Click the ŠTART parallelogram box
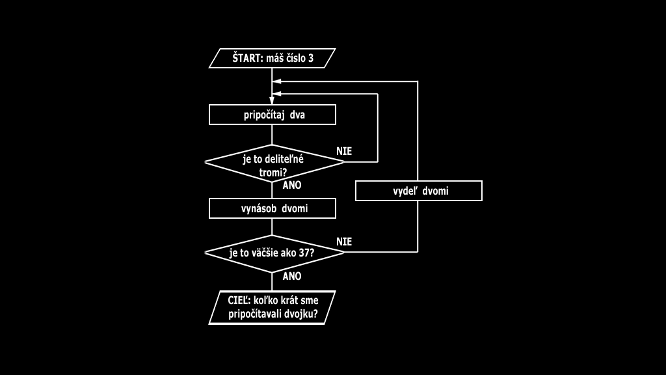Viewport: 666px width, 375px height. pyautogui.click(x=272, y=59)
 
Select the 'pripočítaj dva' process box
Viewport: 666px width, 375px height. pyautogui.click(x=272, y=115)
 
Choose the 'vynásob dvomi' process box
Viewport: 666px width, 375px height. pyautogui.click(x=272, y=209)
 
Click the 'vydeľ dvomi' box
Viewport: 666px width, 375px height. pyautogui.click(x=419, y=191)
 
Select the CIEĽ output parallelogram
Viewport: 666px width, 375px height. pyautogui.click(x=272, y=307)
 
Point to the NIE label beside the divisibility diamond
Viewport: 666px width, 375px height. pyautogui.click(x=344, y=151)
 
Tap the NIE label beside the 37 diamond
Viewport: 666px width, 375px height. pyautogui.click(x=344, y=242)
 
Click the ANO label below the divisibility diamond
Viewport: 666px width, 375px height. pyautogui.click(x=292, y=185)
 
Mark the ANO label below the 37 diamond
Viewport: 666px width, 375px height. pyautogui.click(x=292, y=276)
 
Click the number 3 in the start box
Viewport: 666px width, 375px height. pyautogui.click(x=310, y=59)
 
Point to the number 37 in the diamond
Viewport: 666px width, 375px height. pyautogui.click(x=302, y=253)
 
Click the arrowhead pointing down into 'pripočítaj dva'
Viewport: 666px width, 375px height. pyautogui.click(x=272, y=100)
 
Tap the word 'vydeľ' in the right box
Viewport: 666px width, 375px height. pyautogui.click(x=405, y=191)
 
